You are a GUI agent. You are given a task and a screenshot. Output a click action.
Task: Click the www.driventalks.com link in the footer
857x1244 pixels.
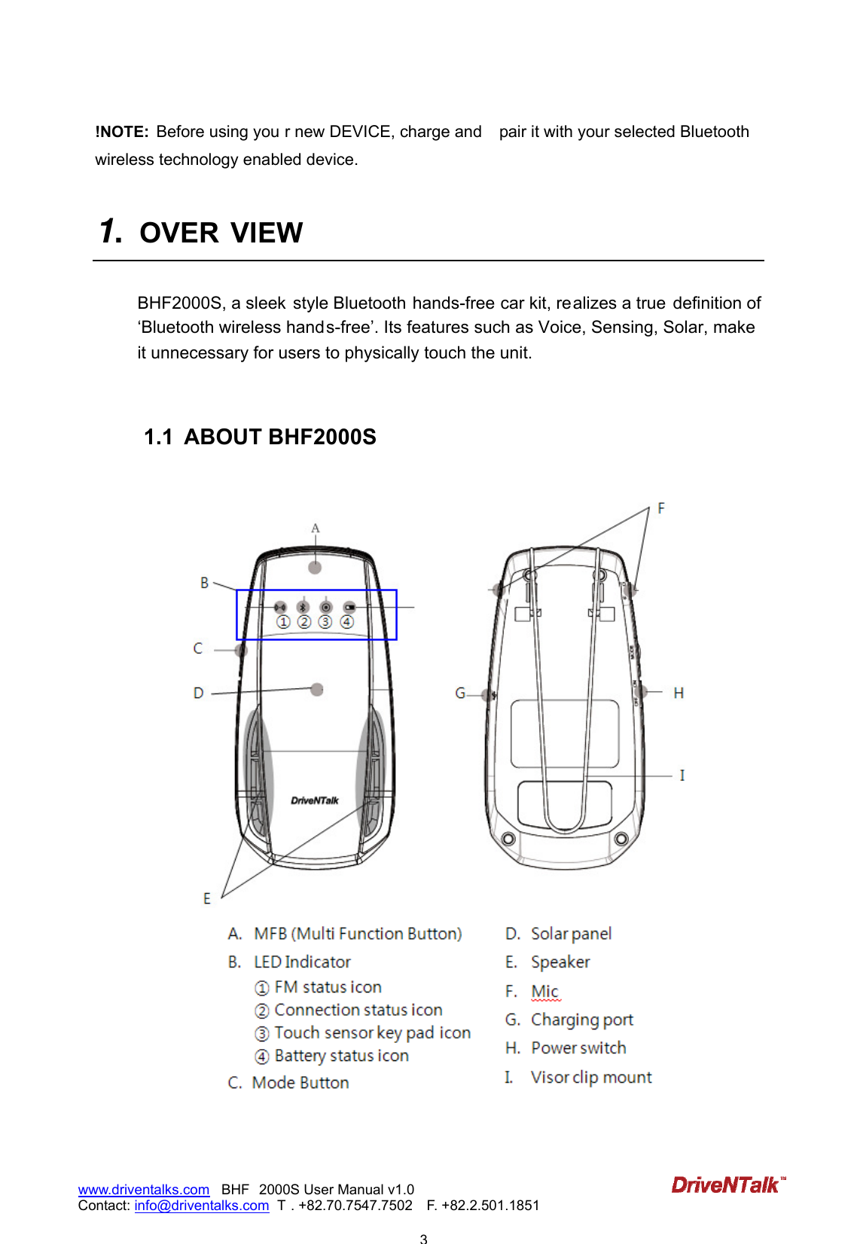click(x=144, y=1190)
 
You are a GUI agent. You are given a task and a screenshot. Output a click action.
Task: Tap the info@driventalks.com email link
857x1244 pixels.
click(x=201, y=1206)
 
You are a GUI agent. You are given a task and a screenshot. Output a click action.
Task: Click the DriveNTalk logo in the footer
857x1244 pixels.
click(x=727, y=1185)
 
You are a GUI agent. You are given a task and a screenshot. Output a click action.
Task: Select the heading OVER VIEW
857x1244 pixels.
click(x=221, y=233)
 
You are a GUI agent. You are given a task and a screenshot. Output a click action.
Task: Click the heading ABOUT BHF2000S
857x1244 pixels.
click(x=279, y=437)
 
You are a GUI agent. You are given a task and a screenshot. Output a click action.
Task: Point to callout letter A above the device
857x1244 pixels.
click(x=316, y=529)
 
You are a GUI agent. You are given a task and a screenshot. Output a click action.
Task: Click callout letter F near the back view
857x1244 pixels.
click(x=661, y=508)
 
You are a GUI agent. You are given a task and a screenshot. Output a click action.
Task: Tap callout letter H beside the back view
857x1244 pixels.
click(x=679, y=693)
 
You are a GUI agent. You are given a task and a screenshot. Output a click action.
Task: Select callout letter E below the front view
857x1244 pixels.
click(x=207, y=898)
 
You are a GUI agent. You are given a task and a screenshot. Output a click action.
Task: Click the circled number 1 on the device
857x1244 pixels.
click(x=283, y=622)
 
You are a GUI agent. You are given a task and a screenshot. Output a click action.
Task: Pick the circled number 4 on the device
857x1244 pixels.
click(x=346, y=622)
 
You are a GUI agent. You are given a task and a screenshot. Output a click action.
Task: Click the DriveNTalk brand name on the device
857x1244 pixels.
click(x=315, y=800)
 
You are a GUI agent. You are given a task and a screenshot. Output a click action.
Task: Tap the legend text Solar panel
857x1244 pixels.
click(x=571, y=935)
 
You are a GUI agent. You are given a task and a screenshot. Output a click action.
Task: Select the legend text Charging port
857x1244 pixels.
click(x=581, y=1020)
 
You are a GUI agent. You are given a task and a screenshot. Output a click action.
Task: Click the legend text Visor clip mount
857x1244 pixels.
click(x=590, y=1078)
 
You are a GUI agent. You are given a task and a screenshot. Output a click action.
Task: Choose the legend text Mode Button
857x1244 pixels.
click(x=300, y=1083)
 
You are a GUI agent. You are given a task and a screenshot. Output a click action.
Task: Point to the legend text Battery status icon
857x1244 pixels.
click(x=341, y=1056)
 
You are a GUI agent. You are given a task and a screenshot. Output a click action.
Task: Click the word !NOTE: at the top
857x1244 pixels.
click(x=122, y=133)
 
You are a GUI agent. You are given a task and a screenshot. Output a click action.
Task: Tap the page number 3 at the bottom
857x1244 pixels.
click(x=423, y=1238)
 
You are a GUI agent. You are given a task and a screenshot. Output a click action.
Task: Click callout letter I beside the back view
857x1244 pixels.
click(x=682, y=775)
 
